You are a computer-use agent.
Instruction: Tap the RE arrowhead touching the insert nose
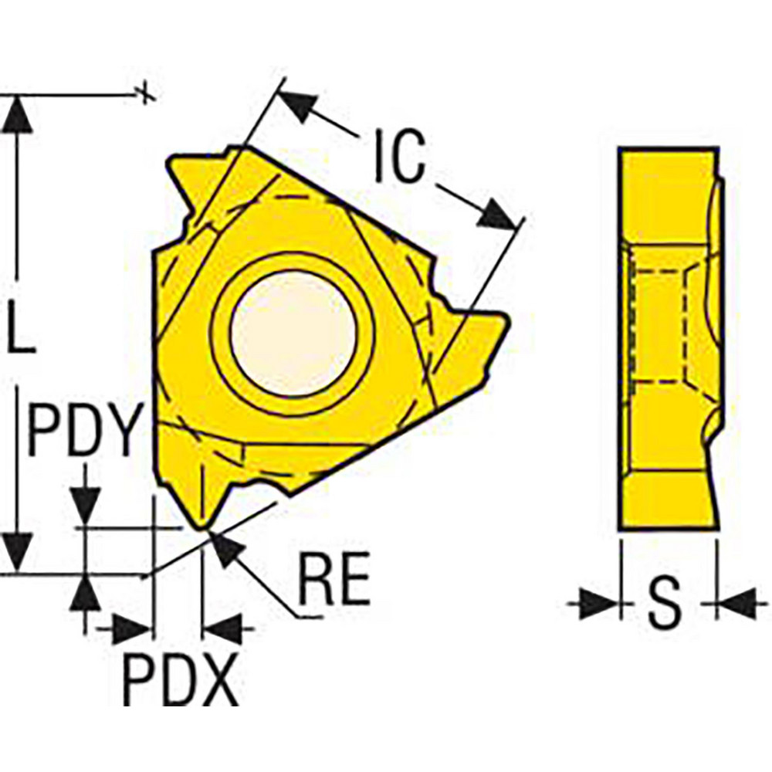click(x=224, y=547)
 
